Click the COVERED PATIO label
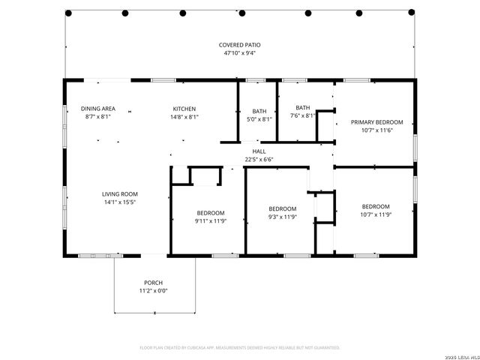pos(240,45)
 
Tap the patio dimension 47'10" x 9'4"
pos(240,53)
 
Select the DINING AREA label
pos(97,109)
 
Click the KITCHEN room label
pos(184,109)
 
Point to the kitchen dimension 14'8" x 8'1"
pos(184,118)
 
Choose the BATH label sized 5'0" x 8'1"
pos(259,110)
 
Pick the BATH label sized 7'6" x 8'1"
pos(302,107)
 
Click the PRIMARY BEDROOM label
pos(376,122)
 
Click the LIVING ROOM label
pos(120,193)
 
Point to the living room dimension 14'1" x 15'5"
pos(120,202)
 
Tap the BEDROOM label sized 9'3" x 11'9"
pos(283,208)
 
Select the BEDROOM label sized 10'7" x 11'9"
pos(376,206)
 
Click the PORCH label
pos(153,282)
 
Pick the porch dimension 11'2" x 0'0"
pos(153,290)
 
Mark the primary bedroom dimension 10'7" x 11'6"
pos(376,130)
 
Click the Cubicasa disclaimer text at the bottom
pos(240,347)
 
